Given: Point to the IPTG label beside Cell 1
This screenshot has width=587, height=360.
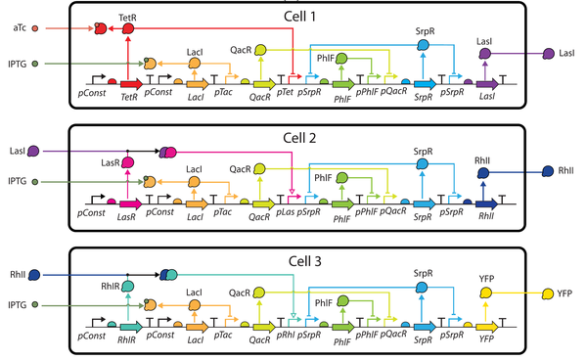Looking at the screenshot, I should pyautogui.click(x=17, y=64).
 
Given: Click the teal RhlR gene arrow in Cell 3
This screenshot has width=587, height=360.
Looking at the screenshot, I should pyautogui.click(x=130, y=327).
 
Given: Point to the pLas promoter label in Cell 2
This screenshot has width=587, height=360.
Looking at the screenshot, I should pyautogui.click(x=284, y=217).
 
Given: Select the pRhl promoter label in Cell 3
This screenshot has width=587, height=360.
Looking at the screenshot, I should pyautogui.click(x=284, y=339).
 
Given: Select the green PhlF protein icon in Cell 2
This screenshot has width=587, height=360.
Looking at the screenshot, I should pyautogui.click(x=340, y=182).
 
